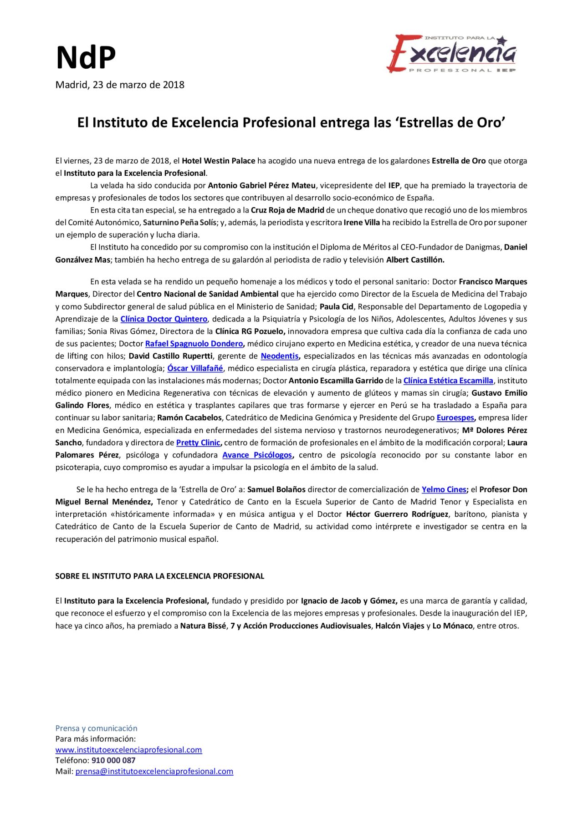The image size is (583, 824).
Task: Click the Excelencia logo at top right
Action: click(452, 54)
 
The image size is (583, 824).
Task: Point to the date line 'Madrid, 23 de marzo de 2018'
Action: click(120, 85)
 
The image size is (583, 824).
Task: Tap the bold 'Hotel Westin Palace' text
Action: click(218, 161)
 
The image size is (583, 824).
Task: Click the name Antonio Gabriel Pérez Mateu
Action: click(261, 185)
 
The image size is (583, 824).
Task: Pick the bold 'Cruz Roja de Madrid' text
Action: click(287, 210)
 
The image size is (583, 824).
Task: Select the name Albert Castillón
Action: click(415, 260)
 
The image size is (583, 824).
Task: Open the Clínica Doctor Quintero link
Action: click(164, 319)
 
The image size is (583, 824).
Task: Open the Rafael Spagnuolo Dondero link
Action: click(194, 344)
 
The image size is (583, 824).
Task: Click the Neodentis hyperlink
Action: click(280, 356)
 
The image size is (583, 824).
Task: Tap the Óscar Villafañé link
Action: click(195, 368)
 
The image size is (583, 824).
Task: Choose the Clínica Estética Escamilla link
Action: click(448, 381)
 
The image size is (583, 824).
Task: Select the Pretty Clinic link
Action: click(198, 443)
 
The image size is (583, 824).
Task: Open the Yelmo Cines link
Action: click(444, 489)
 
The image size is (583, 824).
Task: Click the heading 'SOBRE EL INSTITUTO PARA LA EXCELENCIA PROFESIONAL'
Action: click(160, 576)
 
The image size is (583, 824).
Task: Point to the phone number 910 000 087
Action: click(113, 760)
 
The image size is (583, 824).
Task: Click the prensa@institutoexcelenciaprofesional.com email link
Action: click(154, 771)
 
